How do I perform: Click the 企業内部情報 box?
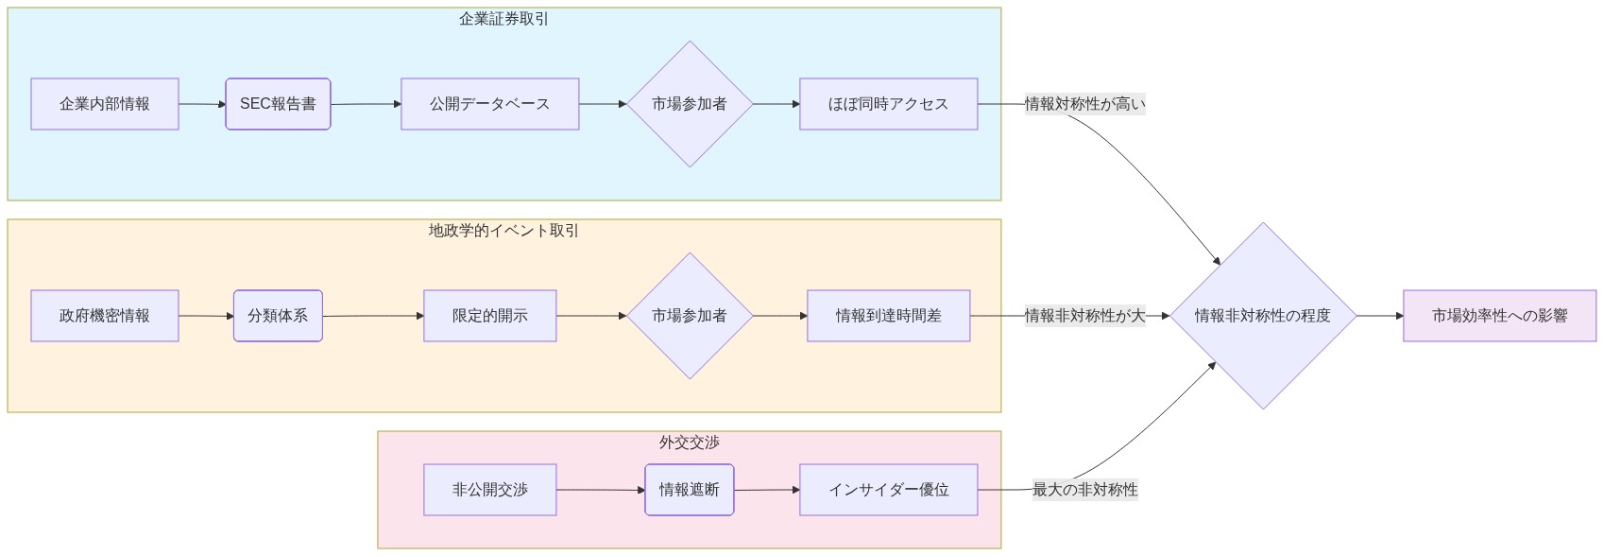point(105,104)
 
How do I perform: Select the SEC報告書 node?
point(278,104)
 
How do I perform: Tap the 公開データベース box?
point(489,104)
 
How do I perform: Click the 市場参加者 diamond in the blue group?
point(690,104)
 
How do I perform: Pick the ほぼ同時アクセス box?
point(888,104)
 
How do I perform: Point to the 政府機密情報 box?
point(105,316)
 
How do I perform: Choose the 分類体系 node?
point(278,316)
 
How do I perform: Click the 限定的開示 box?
point(489,316)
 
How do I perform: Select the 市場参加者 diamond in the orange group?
point(690,316)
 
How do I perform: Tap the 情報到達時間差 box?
point(888,316)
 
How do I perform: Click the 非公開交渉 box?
point(489,490)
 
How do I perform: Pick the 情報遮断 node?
point(690,490)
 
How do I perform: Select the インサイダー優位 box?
point(888,490)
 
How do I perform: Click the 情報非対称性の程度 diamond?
point(1263,316)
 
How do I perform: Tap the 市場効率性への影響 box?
point(1499,316)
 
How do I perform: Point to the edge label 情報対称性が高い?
point(1084,104)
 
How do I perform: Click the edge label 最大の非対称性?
point(1084,490)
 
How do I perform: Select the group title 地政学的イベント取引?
point(503,231)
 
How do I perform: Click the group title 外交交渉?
point(690,443)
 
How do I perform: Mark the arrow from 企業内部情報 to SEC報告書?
point(202,104)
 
